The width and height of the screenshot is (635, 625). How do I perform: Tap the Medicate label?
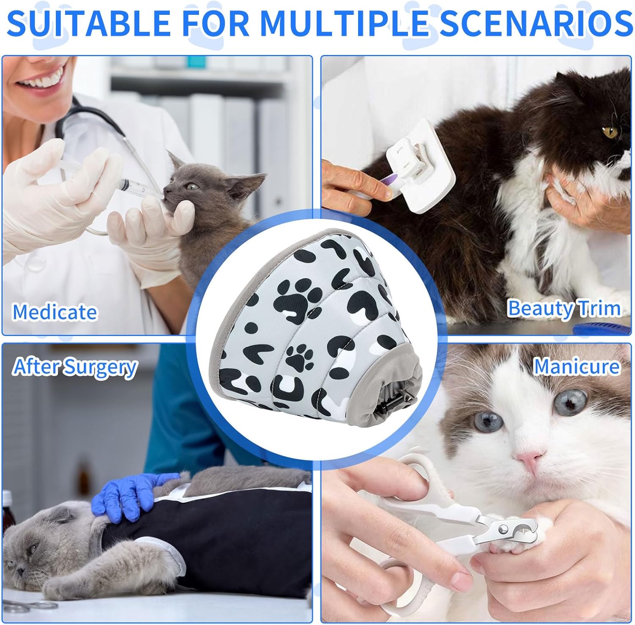[55, 312]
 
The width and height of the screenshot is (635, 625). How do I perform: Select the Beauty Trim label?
[564, 308]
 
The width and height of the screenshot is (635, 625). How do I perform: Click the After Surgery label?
[75, 366]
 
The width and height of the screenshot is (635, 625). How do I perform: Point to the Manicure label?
[576, 366]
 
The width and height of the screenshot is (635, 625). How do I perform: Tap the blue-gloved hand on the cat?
[127, 491]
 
